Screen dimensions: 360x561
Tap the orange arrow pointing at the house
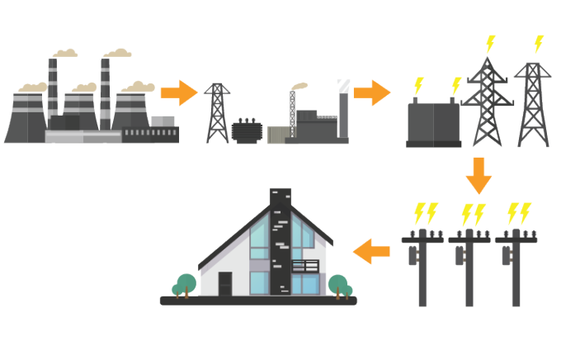(373, 250)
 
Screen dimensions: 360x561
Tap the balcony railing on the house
(305, 267)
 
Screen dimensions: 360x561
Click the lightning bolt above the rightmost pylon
(539, 43)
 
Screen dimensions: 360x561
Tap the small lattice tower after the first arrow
(216, 113)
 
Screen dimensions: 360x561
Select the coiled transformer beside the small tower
(245, 130)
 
